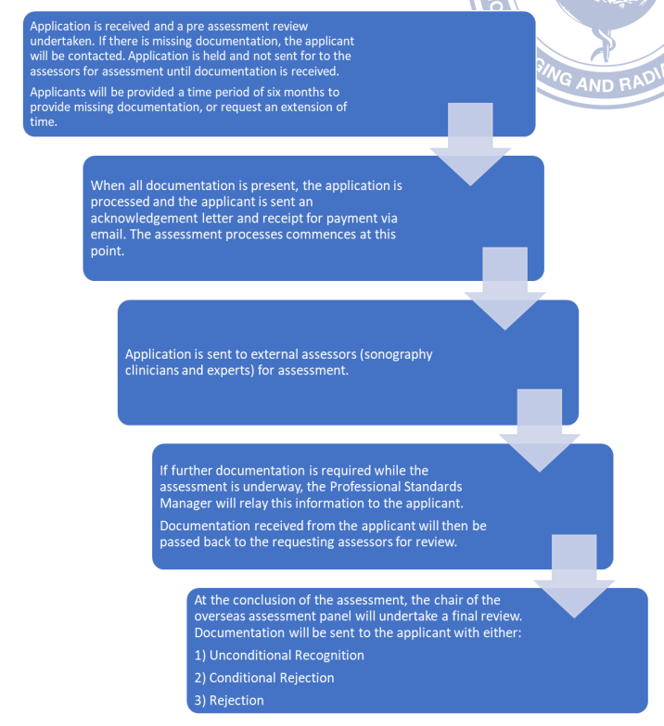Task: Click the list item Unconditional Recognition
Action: point(279,656)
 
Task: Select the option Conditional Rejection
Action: point(264,678)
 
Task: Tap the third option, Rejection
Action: point(229,700)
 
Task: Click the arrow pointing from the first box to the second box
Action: point(470,145)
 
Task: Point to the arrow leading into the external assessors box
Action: point(504,288)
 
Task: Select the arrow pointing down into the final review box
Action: point(574,577)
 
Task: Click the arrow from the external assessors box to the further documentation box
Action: point(540,430)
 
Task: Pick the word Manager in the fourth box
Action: point(185,503)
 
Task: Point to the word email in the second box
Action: point(109,235)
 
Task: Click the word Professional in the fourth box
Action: point(364,487)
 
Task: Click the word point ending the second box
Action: point(108,251)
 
